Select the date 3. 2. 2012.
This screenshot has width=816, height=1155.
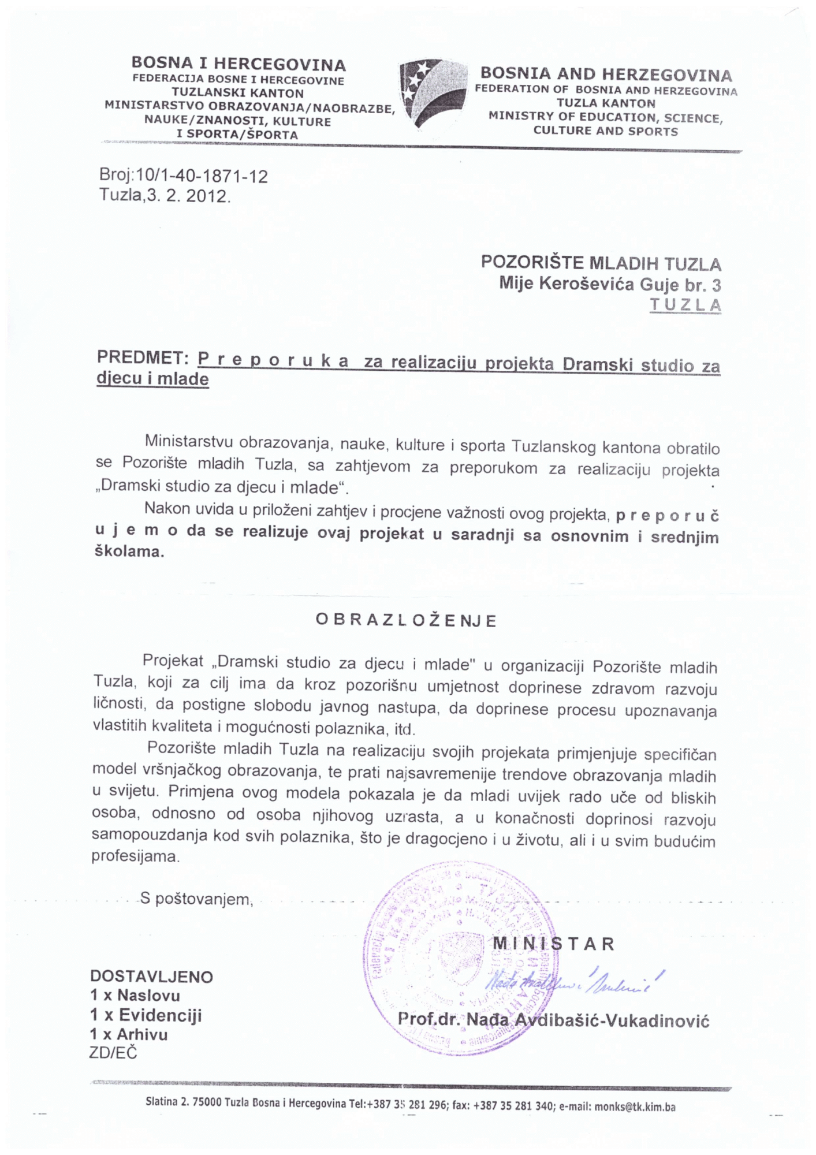(x=188, y=196)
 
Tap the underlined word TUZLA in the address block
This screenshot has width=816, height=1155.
(x=685, y=305)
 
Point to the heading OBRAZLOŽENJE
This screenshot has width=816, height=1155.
(x=406, y=620)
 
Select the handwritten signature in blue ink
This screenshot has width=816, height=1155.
(x=575, y=979)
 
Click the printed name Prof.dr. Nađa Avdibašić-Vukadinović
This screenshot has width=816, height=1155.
(x=553, y=1020)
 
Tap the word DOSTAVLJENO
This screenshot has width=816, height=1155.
(x=151, y=977)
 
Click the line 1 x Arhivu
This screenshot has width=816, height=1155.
(x=129, y=1034)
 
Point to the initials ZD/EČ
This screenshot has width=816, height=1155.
(x=113, y=1053)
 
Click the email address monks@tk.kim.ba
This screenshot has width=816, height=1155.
(x=634, y=1106)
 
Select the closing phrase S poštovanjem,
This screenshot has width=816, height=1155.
(x=197, y=899)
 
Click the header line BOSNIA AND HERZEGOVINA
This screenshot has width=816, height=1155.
(x=606, y=74)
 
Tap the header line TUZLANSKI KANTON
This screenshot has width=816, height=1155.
(x=237, y=93)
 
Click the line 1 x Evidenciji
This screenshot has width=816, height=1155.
(x=146, y=1015)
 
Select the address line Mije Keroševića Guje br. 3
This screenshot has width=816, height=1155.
(x=610, y=284)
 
